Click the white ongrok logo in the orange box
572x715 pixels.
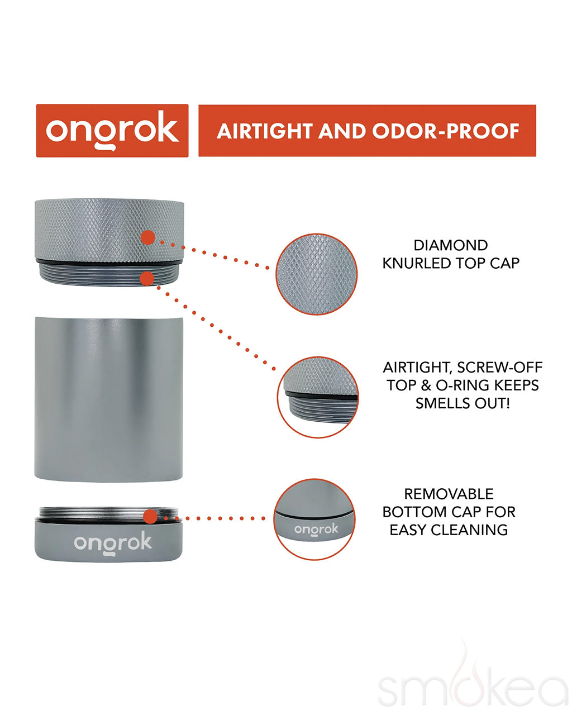[112, 131]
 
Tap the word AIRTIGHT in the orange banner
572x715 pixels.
[264, 131]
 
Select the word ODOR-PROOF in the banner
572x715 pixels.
[445, 131]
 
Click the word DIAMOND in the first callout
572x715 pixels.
[451, 245]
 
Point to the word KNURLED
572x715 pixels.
[417, 263]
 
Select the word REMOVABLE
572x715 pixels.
[449, 494]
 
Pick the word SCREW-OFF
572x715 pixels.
[499, 367]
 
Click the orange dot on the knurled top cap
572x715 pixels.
[148, 237]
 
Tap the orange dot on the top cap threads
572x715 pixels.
[147, 278]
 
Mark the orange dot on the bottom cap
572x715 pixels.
[150, 516]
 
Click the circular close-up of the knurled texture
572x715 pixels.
[316, 274]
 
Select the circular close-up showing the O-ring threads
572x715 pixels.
[318, 397]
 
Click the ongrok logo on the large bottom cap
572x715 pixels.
[113, 543]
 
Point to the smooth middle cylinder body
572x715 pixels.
[109, 399]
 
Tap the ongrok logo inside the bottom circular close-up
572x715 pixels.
[316, 530]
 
